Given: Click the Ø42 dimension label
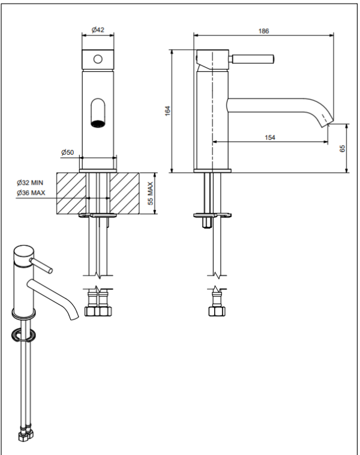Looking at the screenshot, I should (98, 30).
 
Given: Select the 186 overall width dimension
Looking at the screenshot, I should (263, 30).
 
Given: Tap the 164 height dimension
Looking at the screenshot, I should (168, 111).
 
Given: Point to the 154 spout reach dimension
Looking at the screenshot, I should (269, 138).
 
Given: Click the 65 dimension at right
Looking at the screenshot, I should (342, 149).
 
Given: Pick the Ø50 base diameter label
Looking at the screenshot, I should (67, 153).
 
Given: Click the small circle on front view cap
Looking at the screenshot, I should (98, 59).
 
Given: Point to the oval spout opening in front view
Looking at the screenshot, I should (98, 114).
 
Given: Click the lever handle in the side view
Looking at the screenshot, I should (254, 60).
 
